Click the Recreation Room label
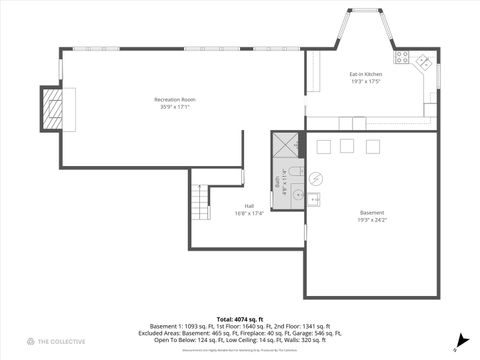click(x=175, y=99)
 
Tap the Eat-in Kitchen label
click(x=366, y=75)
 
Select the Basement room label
click(x=372, y=212)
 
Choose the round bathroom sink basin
click(x=296, y=193)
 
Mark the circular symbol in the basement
click(x=315, y=179)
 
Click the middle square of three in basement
click(x=347, y=146)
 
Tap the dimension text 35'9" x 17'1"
click(x=175, y=106)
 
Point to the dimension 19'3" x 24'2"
click(x=372, y=219)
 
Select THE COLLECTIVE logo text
click(x=54, y=342)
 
